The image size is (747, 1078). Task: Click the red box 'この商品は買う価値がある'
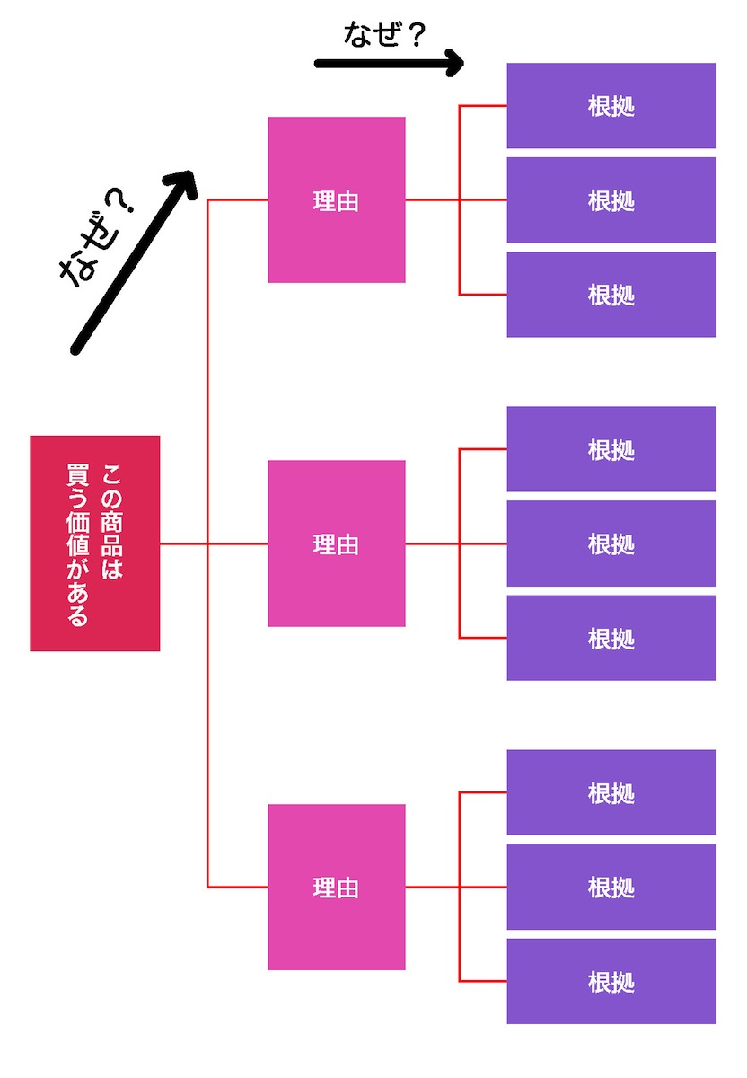tap(94, 543)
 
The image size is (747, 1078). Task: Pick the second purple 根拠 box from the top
tap(611, 200)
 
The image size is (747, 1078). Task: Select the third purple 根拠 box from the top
tap(611, 295)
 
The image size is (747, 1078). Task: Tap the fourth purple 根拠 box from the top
tap(611, 449)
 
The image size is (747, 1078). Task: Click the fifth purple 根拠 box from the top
tap(611, 543)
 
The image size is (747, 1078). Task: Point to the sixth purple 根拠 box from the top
tap(611, 638)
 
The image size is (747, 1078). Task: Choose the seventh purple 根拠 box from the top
tap(611, 792)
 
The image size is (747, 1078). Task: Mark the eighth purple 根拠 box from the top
tap(611, 887)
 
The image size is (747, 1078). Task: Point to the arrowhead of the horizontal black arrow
tap(454, 63)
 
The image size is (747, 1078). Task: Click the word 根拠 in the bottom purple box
tap(611, 982)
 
